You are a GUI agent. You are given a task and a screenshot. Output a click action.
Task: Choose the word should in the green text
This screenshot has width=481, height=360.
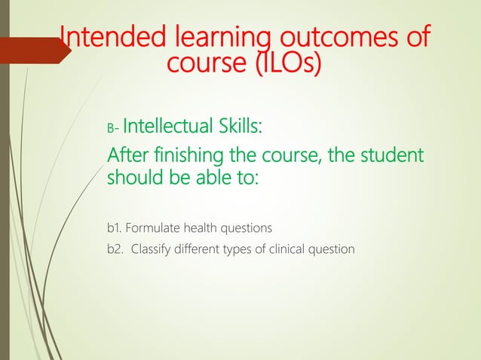pos(132,180)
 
